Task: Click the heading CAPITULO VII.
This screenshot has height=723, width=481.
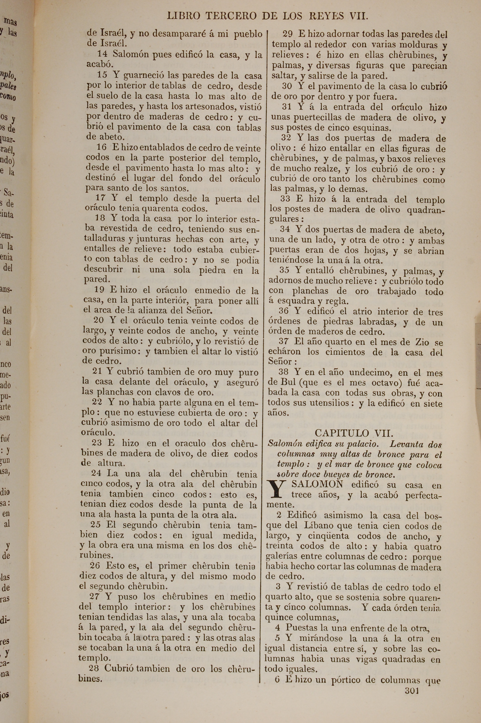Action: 354,433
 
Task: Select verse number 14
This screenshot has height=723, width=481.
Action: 102,54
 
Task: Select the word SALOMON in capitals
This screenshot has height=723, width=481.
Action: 317,484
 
